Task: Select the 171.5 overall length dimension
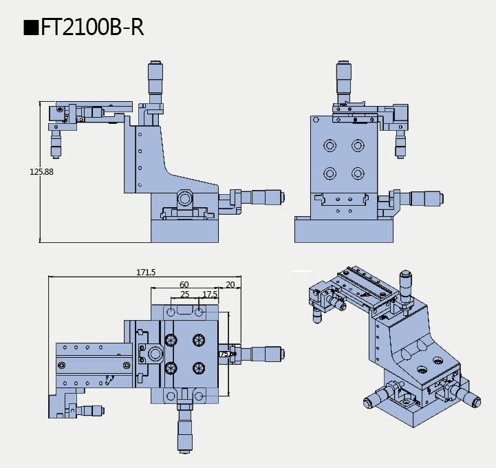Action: [145, 273]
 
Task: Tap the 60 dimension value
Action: [184, 284]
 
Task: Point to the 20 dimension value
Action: [230, 284]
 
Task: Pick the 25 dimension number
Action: [184, 294]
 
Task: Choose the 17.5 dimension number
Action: [210, 294]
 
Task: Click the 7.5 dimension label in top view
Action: [224, 354]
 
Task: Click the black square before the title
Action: [31, 28]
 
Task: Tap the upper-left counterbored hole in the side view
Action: [330, 146]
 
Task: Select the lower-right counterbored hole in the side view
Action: [357, 172]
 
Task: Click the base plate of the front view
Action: [184, 231]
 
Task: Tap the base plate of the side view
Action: [343, 230]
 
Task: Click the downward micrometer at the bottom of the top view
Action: [184, 430]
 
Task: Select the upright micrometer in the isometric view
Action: [405, 284]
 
